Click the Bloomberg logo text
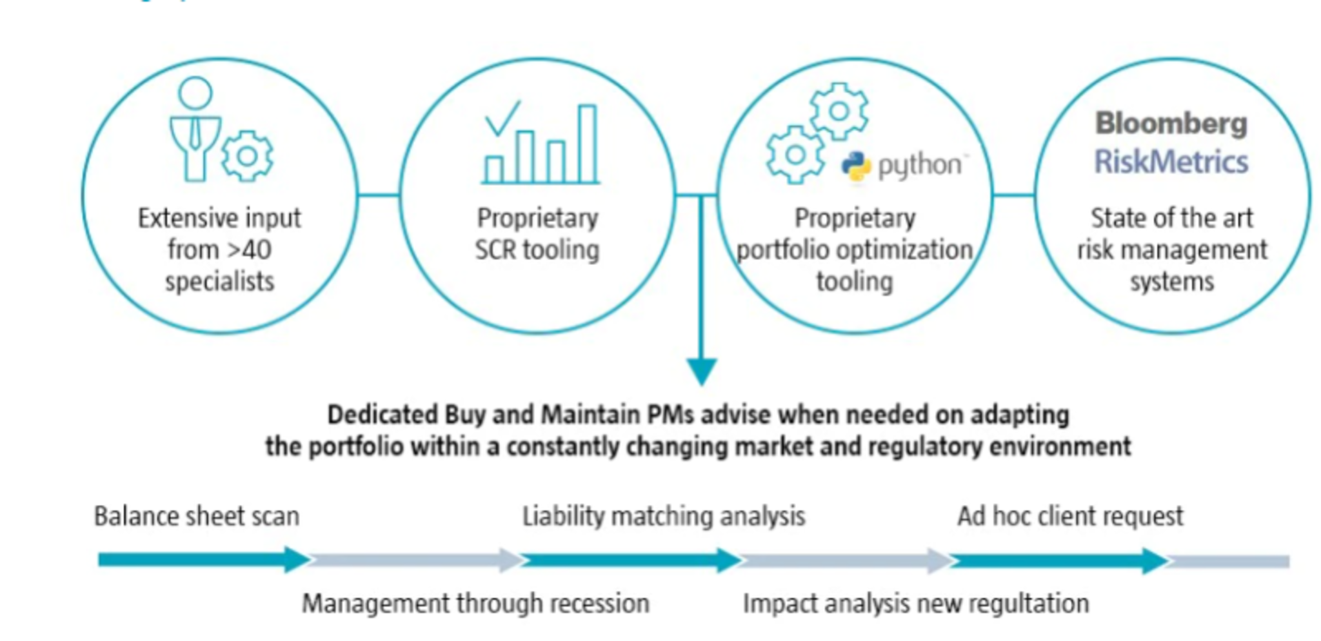1171,124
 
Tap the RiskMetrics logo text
1171,162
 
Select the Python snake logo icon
856,166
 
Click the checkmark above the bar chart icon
502,118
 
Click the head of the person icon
195,93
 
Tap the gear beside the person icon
247,156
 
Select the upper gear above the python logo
839,111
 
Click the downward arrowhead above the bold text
701,371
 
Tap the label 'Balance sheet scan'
197,517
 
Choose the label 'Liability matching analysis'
664,517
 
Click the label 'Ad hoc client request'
1070,517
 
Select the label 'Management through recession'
475,604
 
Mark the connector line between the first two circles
379,195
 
